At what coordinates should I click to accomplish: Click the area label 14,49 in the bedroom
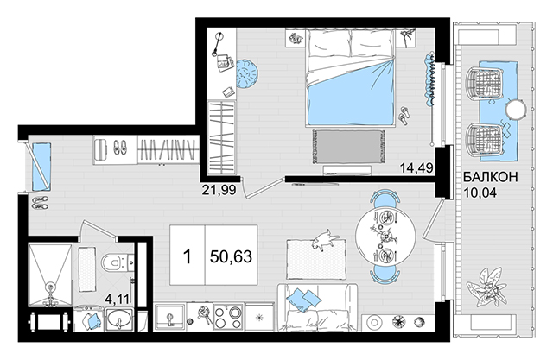[416, 168]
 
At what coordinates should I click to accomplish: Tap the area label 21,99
[219, 190]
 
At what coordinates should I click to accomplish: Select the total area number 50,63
[231, 256]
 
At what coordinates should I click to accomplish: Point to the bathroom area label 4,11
[118, 300]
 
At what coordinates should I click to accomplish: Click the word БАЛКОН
[491, 177]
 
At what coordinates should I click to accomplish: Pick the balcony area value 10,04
[480, 193]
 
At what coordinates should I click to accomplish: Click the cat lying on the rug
[325, 240]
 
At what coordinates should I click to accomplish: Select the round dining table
[385, 236]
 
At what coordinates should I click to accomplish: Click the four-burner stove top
[228, 317]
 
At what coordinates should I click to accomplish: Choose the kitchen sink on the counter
[170, 317]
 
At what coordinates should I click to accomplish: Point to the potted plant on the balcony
[486, 286]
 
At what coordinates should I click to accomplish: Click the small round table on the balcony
[516, 110]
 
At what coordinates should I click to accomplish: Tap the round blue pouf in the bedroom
[247, 73]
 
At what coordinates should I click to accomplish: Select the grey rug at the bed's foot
[348, 146]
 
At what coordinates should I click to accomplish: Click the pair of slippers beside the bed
[404, 116]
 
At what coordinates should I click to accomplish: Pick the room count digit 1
[188, 256]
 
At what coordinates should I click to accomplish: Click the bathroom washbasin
[119, 319]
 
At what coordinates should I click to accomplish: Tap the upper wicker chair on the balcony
[484, 82]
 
